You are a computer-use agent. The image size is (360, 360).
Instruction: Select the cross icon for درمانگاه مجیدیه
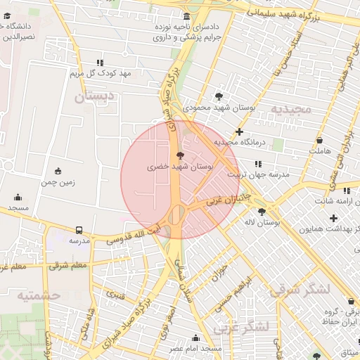240,131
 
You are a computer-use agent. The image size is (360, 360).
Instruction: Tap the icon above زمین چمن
58,170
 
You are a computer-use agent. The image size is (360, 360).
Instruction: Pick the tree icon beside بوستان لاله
262,211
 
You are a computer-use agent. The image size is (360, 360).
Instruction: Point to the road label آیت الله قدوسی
138,234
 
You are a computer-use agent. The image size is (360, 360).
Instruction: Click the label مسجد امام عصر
195,348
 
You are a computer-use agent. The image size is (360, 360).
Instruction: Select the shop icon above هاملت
319,139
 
